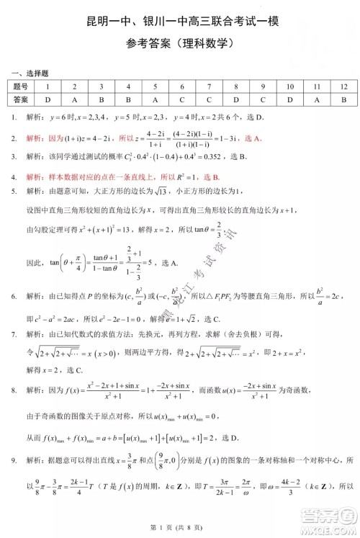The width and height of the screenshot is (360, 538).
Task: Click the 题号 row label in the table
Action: (x=21, y=86)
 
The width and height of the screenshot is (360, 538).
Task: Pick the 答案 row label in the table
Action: (x=21, y=99)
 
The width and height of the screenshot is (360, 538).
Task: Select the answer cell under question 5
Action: (x=156, y=99)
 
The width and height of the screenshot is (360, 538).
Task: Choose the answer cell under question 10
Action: (x=289, y=99)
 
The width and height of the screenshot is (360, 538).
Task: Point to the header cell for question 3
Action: (x=102, y=86)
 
